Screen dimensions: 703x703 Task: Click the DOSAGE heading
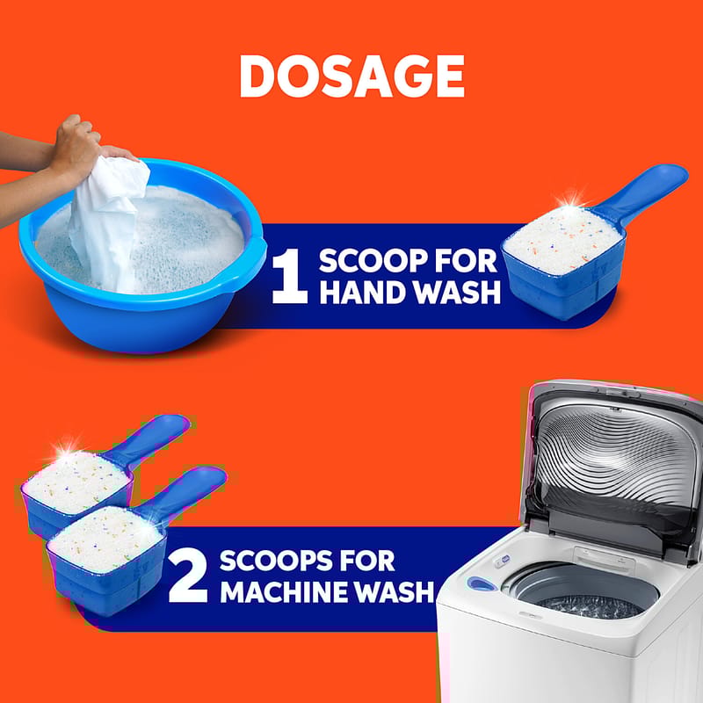click(352, 76)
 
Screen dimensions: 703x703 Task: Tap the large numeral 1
click(290, 276)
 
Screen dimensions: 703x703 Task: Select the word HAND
click(363, 293)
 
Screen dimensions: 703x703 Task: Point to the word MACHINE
click(285, 591)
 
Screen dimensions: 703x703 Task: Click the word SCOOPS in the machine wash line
click(277, 560)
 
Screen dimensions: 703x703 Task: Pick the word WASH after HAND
click(456, 293)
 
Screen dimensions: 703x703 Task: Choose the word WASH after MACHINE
click(395, 591)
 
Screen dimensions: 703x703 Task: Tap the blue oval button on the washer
click(482, 583)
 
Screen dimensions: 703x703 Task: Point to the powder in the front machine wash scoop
click(105, 539)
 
